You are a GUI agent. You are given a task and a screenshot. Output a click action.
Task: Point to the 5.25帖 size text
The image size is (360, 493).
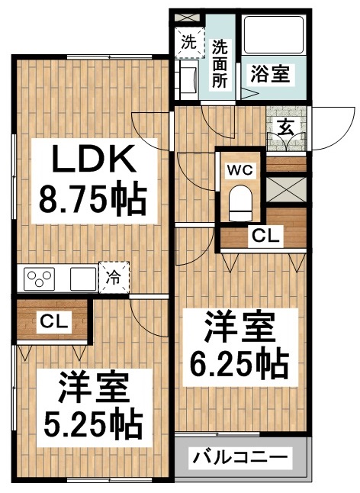(92, 415)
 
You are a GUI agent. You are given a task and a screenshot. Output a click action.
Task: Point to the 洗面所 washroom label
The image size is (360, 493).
(220, 62)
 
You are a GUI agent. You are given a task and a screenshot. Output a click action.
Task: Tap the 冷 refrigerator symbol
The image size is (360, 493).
(114, 278)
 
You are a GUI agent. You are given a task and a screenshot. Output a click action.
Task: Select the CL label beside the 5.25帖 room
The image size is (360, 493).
(53, 321)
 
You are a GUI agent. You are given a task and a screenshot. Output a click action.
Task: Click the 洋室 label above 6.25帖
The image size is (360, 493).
(237, 329)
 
